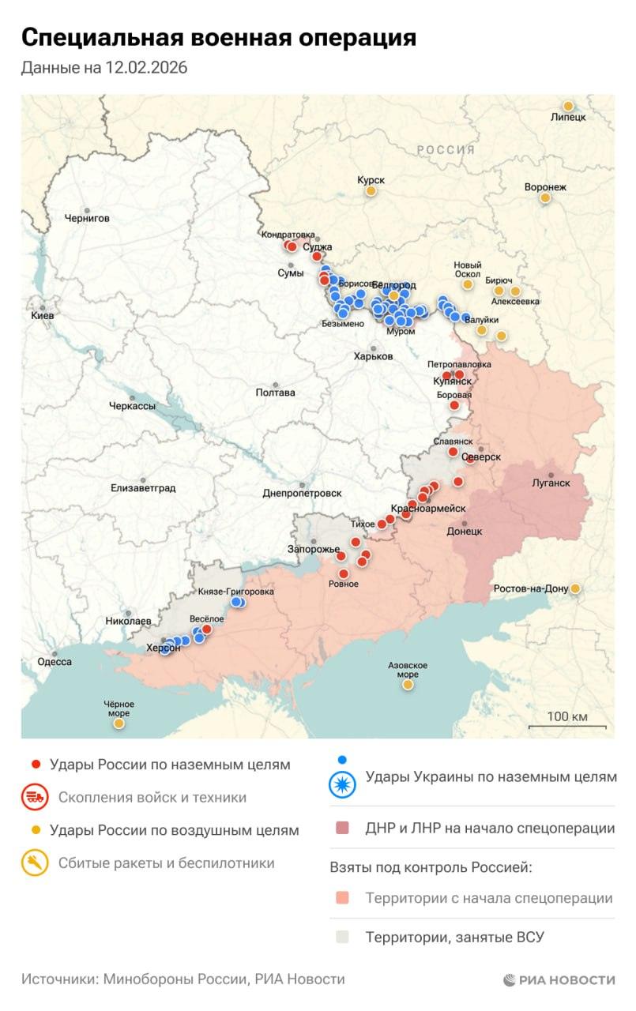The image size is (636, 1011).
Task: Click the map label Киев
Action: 43,315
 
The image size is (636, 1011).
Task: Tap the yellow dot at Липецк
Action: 567,106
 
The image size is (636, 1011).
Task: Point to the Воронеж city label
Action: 545,187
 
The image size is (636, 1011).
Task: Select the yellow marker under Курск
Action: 370,190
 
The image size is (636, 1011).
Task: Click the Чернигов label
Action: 87,218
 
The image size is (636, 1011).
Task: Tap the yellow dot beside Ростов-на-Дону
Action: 575,588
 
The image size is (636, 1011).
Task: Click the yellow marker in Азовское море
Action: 408,685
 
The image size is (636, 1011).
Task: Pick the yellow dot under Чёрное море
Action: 119,723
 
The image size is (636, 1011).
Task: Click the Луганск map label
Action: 551,482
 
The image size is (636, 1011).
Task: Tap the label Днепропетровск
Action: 302,494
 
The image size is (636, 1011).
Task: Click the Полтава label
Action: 276,393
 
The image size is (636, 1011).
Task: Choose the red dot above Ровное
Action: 344,573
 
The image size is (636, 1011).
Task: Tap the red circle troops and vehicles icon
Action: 34,797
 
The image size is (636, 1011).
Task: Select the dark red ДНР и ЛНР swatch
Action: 342,829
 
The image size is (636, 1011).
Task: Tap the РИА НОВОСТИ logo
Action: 559,980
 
